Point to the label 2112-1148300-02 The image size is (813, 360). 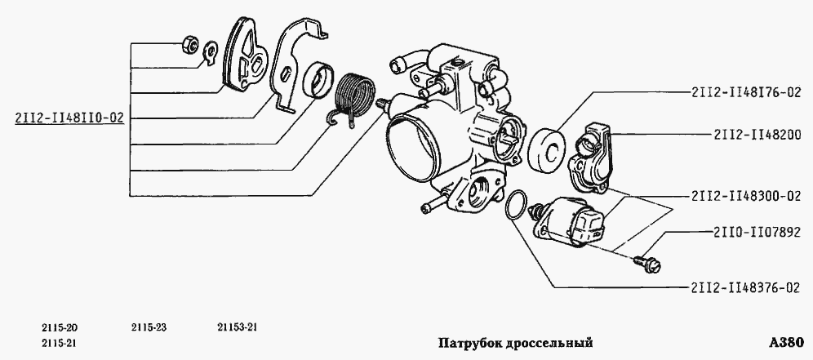point(746,196)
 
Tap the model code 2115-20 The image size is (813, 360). point(59,327)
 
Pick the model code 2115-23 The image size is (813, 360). point(148,327)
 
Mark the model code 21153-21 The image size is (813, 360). point(238,327)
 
